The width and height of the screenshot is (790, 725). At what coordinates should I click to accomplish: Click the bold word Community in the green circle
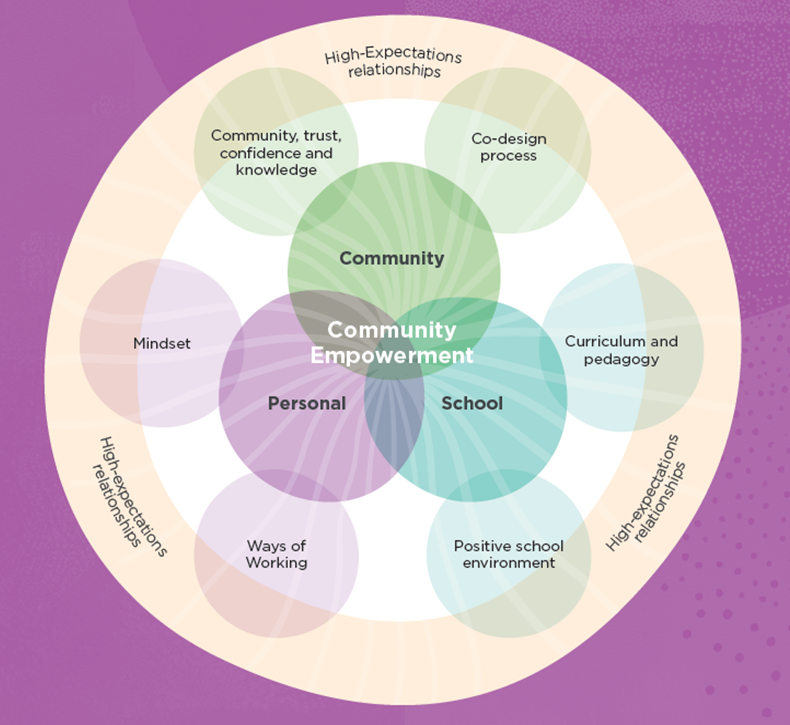pyautogui.click(x=392, y=258)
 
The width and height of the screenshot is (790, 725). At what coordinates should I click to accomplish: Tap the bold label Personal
pyautogui.click(x=307, y=403)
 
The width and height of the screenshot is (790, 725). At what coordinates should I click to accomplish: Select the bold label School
pyautogui.click(x=472, y=403)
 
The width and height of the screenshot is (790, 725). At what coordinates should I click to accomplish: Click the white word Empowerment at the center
pyautogui.click(x=392, y=356)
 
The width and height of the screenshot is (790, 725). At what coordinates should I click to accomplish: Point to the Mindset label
pyautogui.click(x=162, y=343)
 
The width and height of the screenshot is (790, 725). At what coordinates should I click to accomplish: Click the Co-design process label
pyautogui.click(x=509, y=147)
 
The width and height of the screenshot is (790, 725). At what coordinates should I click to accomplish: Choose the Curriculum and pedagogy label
pyautogui.click(x=621, y=350)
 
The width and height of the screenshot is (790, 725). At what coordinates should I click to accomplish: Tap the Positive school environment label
pyautogui.click(x=509, y=554)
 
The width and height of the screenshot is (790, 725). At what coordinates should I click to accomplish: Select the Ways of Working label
pyautogui.click(x=276, y=554)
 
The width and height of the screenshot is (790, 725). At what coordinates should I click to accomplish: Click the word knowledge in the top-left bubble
pyautogui.click(x=276, y=170)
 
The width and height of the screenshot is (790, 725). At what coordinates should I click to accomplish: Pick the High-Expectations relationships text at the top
pyautogui.click(x=393, y=63)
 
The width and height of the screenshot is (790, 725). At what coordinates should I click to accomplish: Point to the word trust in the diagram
pyautogui.click(x=322, y=136)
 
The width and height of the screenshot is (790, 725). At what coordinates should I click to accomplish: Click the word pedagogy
pyautogui.click(x=621, y=359)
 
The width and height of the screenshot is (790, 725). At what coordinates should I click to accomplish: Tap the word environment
pyautogui.click(x=509, y=563)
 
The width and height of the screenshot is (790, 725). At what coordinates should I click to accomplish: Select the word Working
pyautogui.click(x=276, y=563)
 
